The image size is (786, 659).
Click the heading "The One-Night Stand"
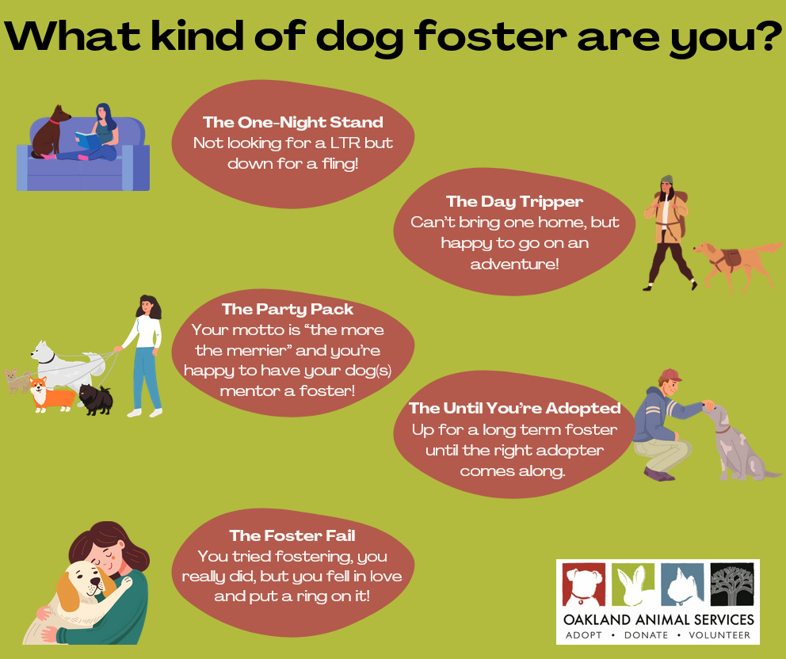(292, 122)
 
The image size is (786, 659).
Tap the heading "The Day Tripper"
(514, 201)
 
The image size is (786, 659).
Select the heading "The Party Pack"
(288, 309)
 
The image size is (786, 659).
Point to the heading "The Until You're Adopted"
(514, 408)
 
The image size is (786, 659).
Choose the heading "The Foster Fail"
(292, 535)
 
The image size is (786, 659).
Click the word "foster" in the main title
(490, 36)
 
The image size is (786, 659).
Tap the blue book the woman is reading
(88, 140)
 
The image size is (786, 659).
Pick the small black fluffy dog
(96, 399)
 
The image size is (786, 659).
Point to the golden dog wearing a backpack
(735, 264)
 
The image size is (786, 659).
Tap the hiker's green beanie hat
(666, 180)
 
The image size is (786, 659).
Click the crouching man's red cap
(670, 375)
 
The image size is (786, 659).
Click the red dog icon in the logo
(583, 585)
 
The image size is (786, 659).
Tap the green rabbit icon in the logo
(633, 585)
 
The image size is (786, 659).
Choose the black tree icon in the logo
(732, 585)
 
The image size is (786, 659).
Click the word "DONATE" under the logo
(646, 635)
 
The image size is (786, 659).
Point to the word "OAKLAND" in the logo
(597, 620)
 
